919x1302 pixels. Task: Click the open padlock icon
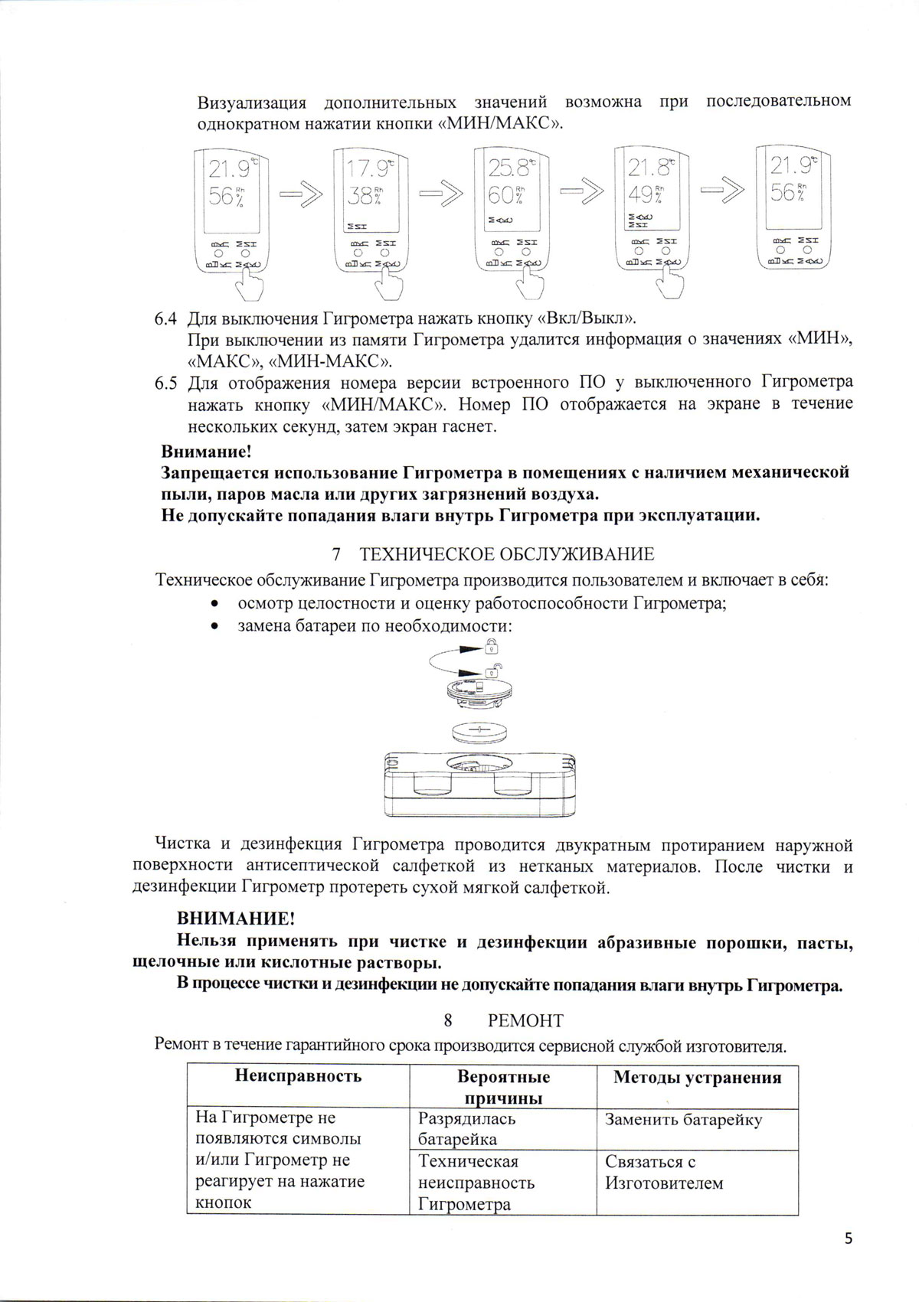point(493,671)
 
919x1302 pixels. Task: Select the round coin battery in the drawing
point(479,731)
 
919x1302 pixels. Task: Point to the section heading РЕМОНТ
point(525,1020)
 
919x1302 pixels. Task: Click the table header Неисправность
point(298,1076)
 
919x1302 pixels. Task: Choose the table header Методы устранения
point(697,1078)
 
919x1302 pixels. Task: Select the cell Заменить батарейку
point(683,1120)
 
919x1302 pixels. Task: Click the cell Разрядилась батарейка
point(467,1129)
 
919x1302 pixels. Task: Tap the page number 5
point(848,1239)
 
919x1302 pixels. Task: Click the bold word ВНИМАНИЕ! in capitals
point(235,918)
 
